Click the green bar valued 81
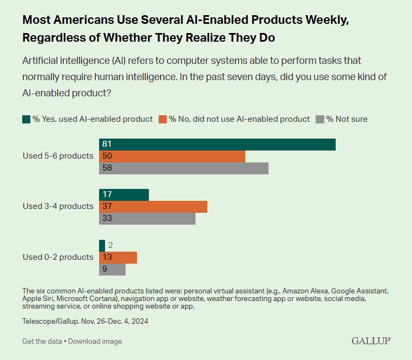coord(217,145)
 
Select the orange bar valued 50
coord(172,156)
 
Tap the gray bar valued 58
coord(184,168)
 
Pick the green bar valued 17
coord(124,195)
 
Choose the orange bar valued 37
coord(153,207)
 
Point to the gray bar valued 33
coord(147,219)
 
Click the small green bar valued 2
coord(102,245)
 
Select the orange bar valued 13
coord(118,257)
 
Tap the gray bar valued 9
coord(112,269)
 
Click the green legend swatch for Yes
coord(27,119)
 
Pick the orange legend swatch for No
coord(164,119)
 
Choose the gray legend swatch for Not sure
coord(320,119)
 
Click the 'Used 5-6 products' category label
coord(58,156)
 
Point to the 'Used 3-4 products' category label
coord(58,206)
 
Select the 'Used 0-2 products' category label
coord(58,257)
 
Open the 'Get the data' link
coord(42,342)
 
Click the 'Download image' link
coord(95,342)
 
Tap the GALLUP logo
coord(371,341)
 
